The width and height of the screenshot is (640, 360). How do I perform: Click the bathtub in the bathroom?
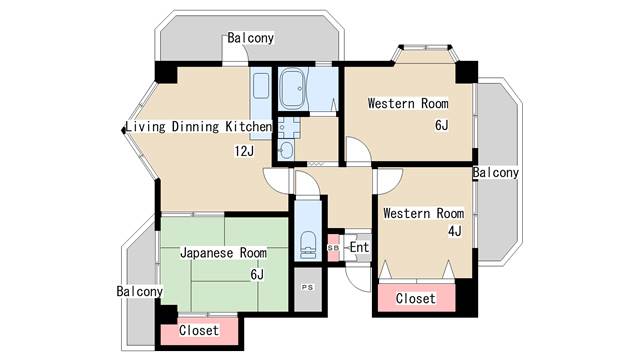[293, 89]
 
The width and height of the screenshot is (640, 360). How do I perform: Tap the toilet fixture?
[308, 245]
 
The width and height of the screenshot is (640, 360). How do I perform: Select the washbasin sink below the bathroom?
[286, 150]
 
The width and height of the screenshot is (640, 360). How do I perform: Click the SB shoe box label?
[333, 248]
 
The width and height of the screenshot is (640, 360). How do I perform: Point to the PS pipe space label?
[308, 287]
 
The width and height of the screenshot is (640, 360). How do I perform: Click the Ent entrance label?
[359, 247]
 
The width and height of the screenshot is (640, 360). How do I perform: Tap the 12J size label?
[244, 151]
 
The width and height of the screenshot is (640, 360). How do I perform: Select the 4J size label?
[455, 231]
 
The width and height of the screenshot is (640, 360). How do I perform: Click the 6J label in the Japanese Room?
[257, 274]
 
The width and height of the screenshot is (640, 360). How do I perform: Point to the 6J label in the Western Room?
[442, 125]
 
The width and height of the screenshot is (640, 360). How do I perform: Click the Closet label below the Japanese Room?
[199, 330]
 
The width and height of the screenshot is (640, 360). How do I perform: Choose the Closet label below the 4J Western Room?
[416, 298]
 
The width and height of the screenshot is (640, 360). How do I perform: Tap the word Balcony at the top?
[250, 38]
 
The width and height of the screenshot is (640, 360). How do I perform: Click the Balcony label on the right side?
[496, 173]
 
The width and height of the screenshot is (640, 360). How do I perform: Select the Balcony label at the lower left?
[140, 291]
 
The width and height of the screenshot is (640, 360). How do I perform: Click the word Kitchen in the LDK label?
[249, 127]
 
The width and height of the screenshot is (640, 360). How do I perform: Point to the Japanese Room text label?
[224, 253]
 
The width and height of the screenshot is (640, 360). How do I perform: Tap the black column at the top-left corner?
[166, 72]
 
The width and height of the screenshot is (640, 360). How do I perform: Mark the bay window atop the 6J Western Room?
[425, 53]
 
